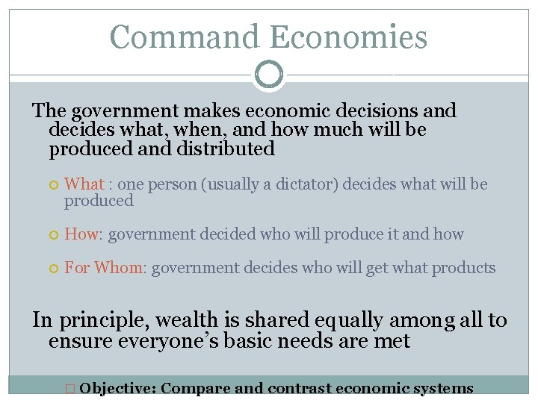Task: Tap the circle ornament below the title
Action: (x=268, y=75)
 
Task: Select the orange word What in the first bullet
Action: (x=84, y=184)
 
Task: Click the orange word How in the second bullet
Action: (x=81, y=234)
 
